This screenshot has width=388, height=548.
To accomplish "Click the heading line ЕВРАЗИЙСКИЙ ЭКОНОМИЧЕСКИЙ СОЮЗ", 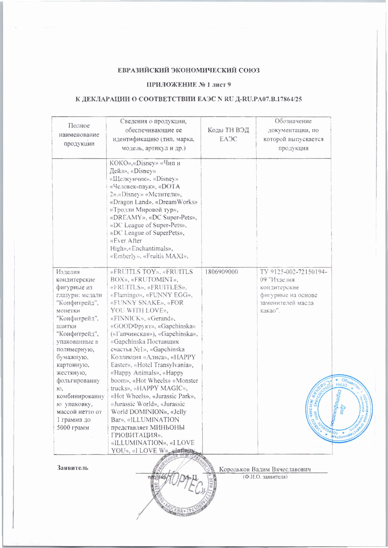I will pos(189,70).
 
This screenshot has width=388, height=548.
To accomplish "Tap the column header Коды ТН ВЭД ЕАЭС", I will pos(228,135).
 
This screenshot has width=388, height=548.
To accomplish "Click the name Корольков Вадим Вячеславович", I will pos(265,469).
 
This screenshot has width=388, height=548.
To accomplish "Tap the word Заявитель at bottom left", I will pos(72,468).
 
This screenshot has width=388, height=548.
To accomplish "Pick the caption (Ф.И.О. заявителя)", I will pos(265,477).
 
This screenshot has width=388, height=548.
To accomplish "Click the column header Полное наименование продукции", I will pos(79,135).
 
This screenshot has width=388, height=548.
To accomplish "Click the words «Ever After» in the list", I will pos(126,241).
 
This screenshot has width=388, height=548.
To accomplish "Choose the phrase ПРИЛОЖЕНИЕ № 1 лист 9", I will pos(189,85).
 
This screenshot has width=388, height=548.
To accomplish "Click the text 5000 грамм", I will pos(73,427).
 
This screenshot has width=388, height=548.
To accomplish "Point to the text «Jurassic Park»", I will pos(175,396).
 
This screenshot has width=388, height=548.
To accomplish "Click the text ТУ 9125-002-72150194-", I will pos(294,272).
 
